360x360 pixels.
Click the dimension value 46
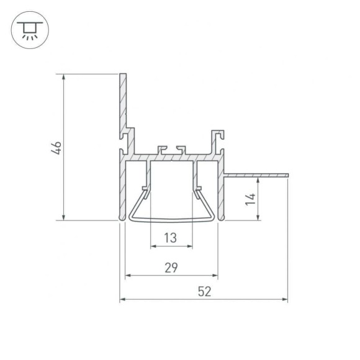point(56,148)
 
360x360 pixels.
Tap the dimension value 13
point(171,237)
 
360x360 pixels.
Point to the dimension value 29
point(171,268)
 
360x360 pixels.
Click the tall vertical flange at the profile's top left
point(123,102)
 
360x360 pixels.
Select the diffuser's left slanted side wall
point(138,205)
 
